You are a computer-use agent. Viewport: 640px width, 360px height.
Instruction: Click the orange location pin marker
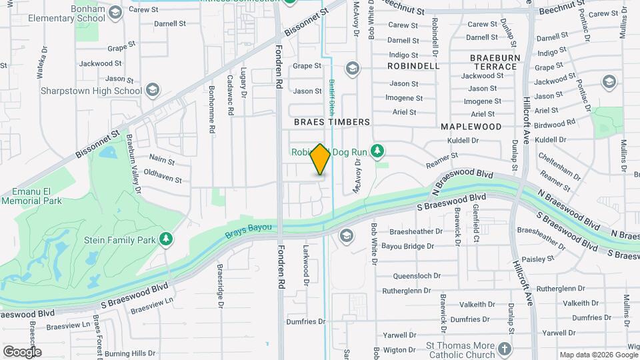tap(320, 160)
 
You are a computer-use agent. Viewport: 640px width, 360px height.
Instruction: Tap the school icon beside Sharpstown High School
tap(153, 90)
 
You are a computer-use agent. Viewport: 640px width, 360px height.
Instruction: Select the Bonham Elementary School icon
tap(115, 13)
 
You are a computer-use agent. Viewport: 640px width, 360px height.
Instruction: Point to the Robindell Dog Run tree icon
tap(378, 151)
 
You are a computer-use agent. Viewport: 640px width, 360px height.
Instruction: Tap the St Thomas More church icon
tap(505, 348)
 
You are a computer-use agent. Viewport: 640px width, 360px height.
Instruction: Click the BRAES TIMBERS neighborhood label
tap(332, 122)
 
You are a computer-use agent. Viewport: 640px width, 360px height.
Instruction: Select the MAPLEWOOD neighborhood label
tap(471, 126)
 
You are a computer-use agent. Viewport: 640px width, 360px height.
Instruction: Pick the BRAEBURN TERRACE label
tap(495, 62)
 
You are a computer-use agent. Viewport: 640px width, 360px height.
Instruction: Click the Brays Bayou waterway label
tap(248, 228)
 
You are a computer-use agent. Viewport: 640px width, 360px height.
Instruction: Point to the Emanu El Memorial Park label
tap(31, 196)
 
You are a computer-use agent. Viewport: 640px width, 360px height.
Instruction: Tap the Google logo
tap(22, 351)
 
